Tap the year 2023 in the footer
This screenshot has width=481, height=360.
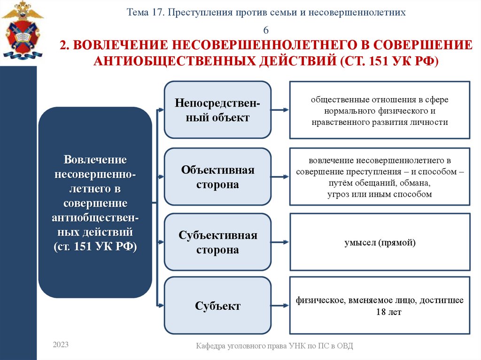[x=61, y=345]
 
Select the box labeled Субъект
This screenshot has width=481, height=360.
[x=217, y=306]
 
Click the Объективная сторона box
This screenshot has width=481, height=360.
[x=217, y=177]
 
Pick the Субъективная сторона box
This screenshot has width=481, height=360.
[x=217, y=242]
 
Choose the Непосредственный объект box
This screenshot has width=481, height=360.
[x=217, y=110]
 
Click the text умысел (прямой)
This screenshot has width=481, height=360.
[x=379, y=243]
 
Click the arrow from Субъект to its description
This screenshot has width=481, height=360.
[x=280, y=306]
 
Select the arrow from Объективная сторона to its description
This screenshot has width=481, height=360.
[x=280, y=177]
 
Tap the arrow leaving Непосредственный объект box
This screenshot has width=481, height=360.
[x=280, y=110]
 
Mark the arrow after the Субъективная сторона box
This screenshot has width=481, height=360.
[x=280, y=242]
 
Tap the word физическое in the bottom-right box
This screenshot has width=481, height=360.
[x=320, y=300]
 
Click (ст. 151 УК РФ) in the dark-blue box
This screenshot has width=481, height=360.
[x=95, y=247]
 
